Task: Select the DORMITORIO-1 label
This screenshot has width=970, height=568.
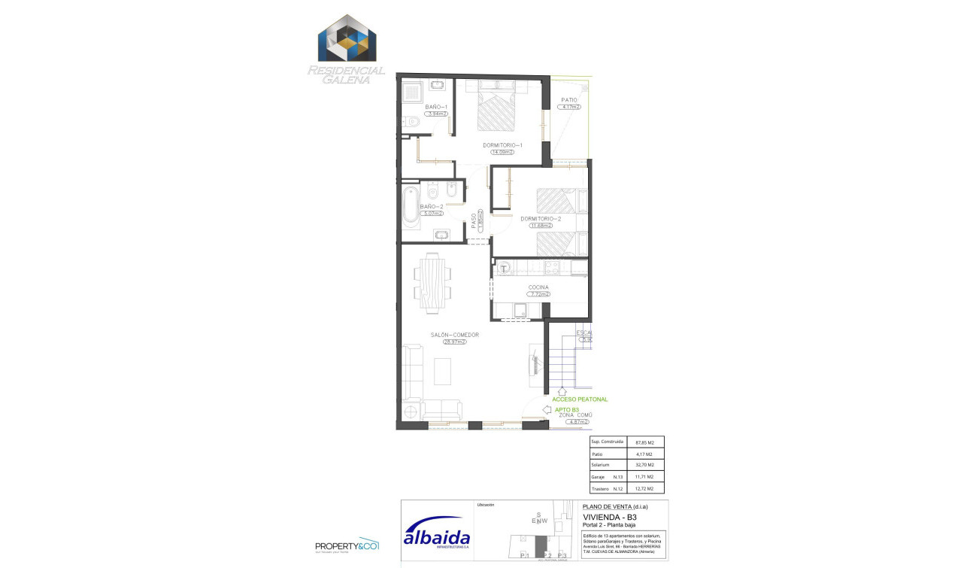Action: point(502,144)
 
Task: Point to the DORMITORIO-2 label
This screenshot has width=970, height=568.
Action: point(541,218)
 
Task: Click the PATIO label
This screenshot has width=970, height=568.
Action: point(569,99)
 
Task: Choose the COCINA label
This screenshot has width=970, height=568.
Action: point(538,287)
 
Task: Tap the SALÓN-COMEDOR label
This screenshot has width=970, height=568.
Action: point(454,335)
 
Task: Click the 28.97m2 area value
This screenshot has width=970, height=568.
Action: point(454,342)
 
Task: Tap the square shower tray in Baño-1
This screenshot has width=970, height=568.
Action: point(411,93)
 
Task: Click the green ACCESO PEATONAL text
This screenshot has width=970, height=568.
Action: point(580,399)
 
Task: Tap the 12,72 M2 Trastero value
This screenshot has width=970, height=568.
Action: point(644,488)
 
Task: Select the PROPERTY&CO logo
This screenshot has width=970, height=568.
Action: point(346,545)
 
